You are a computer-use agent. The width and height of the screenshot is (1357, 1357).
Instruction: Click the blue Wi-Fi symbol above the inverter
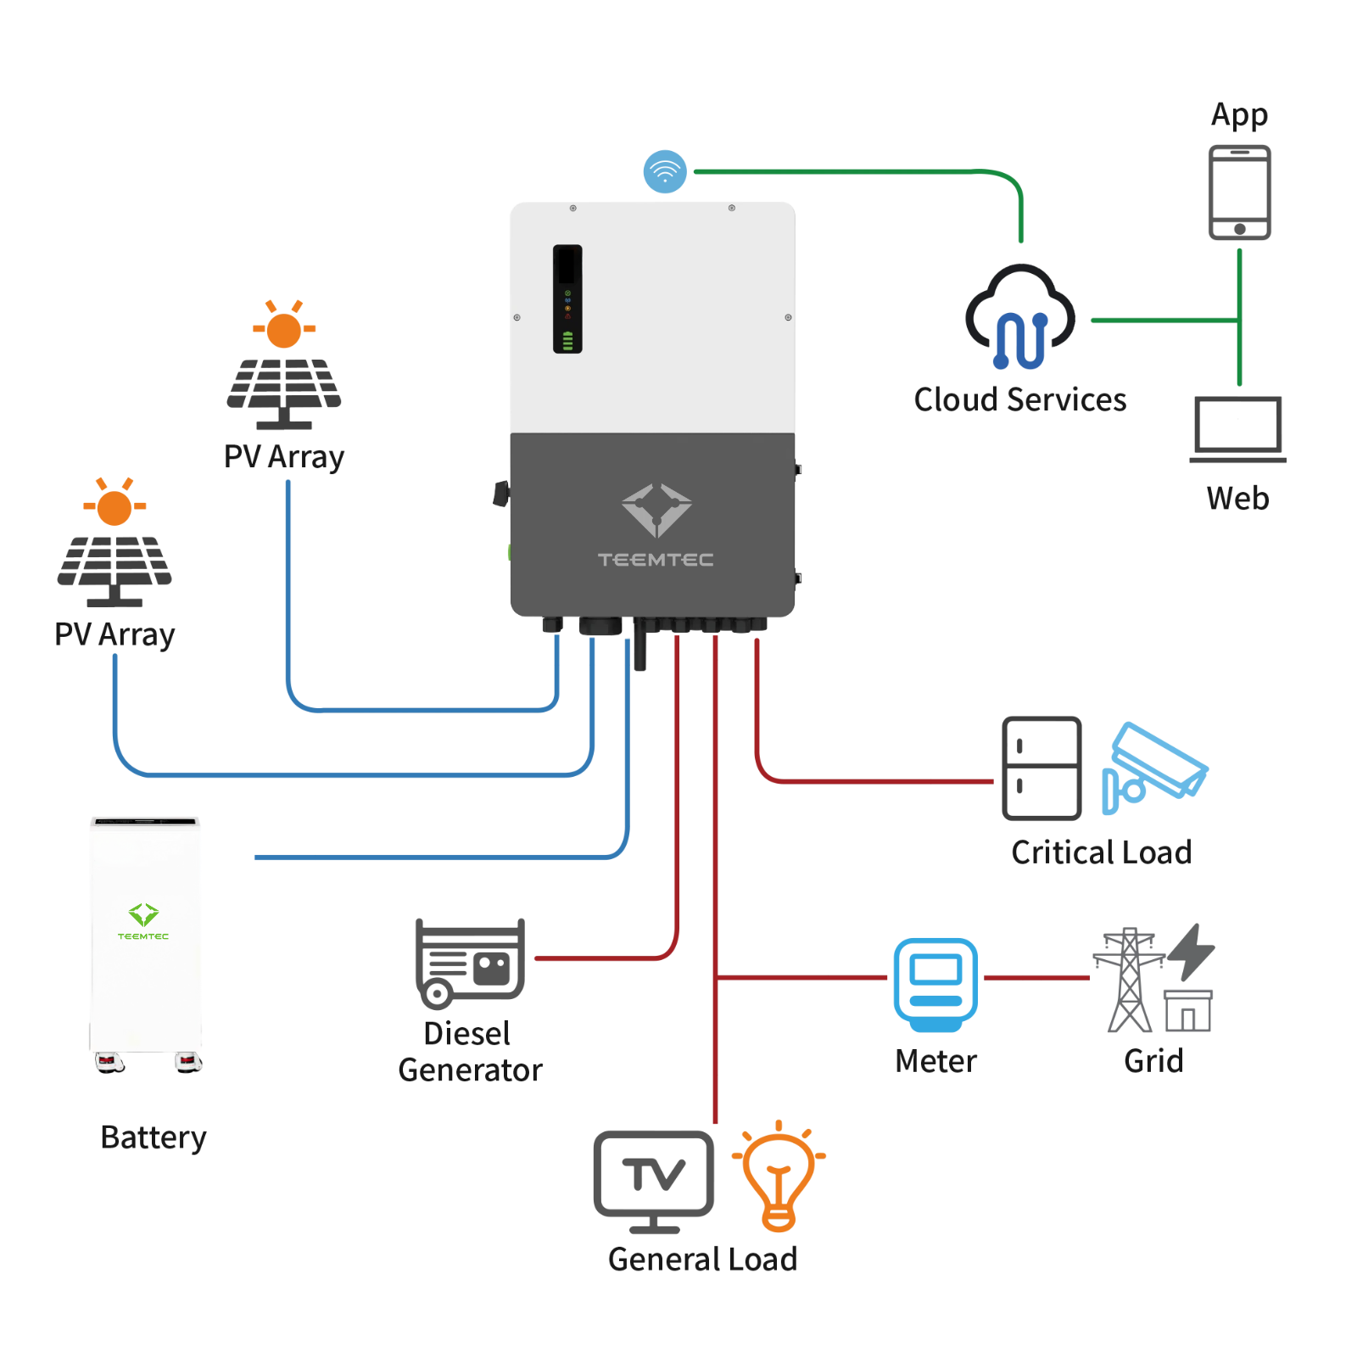click(x=665, y=171)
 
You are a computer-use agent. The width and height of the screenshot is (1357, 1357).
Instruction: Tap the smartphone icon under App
click(x=1239, y=193)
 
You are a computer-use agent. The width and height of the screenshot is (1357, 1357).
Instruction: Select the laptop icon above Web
click(x=1237, y=428)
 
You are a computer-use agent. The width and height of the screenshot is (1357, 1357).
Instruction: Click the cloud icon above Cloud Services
click(x=1019, y=317)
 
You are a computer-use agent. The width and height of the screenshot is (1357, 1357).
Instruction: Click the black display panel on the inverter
click(x=567, y=299)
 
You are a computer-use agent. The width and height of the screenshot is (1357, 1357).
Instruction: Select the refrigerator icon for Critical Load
click(x=1041, y=768)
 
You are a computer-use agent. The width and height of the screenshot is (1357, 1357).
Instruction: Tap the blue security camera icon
click(x=1153, y=766)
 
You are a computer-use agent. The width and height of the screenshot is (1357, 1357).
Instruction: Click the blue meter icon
click(x=935, y=984)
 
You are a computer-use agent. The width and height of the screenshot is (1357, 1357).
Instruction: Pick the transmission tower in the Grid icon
click(x=1129, y=980)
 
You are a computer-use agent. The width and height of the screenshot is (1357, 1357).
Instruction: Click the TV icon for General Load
click(x=653, y=1179)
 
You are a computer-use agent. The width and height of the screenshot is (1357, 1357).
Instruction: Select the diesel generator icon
click(x=470, y=963)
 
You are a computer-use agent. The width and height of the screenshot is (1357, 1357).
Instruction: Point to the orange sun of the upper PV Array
click(x=283, y=330)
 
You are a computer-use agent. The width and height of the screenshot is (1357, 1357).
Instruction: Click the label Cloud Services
click(x=1019, y=399)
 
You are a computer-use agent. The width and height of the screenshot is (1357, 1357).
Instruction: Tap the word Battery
click(x=153, y=1137)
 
